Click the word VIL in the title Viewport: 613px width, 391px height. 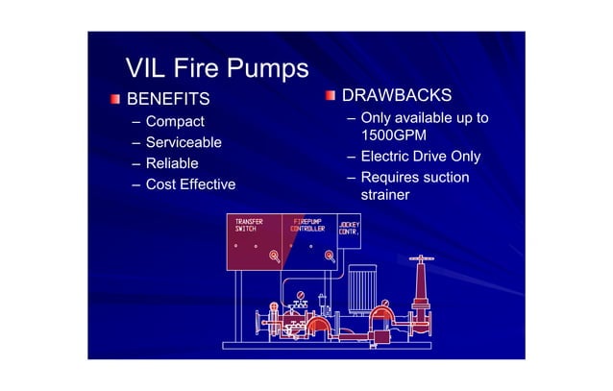coord(147,68)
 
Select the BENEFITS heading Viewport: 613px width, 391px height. coord(168,99)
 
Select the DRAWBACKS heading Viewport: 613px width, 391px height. coord(397,96)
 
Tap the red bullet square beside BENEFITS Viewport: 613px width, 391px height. coord(114,99)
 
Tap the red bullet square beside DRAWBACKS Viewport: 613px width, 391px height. coord(330,96)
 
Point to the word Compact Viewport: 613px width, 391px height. coord(175,122)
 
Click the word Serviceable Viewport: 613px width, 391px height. coord(184,142)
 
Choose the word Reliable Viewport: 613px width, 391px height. coord(172,163)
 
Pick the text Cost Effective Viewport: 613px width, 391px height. coord(190,184)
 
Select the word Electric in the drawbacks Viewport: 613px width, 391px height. coord(387,157)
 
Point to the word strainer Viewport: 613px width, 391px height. coord(384,195)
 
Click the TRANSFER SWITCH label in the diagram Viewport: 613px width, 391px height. coord(250,226)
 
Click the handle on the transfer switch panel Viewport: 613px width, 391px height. coord(274,256)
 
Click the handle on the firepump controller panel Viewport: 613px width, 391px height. coord(329,256)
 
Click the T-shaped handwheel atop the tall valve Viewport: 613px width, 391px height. coord(419,258)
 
